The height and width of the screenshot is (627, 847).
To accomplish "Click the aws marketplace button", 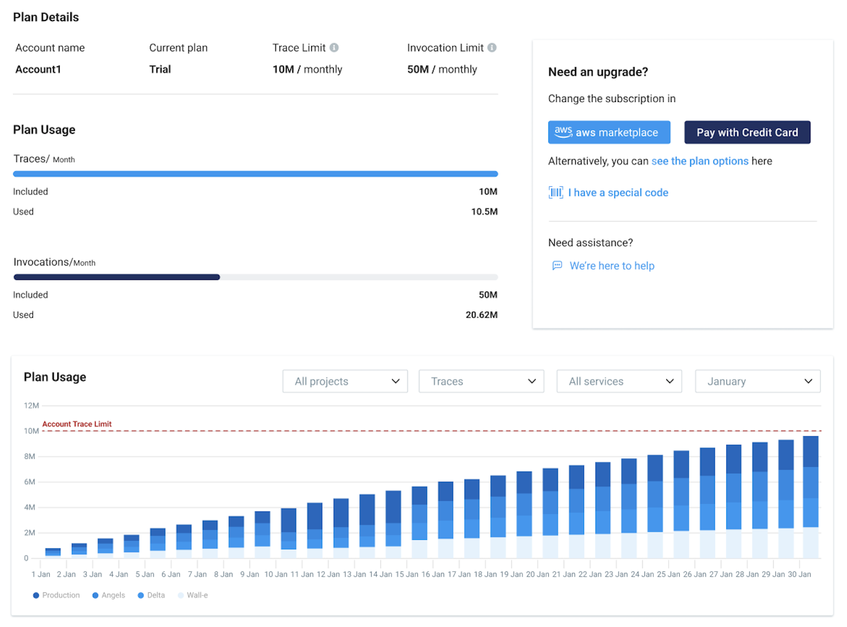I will point(609,132).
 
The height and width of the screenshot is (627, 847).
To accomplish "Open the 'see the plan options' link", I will point(700,161).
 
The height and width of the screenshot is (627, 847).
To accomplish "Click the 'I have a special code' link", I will point(618,193).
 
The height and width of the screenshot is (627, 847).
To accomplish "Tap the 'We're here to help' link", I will point(611,266).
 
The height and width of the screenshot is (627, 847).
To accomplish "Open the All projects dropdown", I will point(345,381).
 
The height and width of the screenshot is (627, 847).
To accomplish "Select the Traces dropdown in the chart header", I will point(481,381).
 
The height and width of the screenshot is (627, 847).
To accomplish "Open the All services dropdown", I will point(619,381).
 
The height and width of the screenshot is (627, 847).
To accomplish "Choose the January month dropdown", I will point(757,381).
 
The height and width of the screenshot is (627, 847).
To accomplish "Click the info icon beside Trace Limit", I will point(334,48).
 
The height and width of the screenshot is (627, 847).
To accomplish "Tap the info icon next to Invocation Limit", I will point(492,48).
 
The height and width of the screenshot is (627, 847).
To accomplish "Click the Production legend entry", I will point(56,595).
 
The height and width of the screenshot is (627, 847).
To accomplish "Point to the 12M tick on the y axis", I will point(31,405).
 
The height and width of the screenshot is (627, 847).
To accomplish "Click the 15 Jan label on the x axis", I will point(407,574).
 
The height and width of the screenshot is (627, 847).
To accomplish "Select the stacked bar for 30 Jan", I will point(810,497).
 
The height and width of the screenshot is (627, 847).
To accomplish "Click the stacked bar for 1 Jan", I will point(53,552).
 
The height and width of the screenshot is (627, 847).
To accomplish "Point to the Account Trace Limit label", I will point(77,424).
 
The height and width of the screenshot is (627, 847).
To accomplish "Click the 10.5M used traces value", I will point(484,212).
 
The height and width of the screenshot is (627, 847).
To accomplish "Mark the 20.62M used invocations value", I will point(481,315).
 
